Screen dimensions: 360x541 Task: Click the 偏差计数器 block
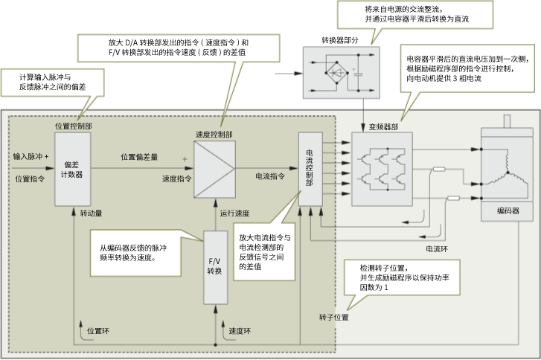(x=73, y=169)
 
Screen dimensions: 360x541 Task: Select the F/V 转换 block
(x=214, y=266)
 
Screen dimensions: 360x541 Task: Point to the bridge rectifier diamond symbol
(x=336, y=74)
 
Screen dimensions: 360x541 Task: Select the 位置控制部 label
(x=74, y=126)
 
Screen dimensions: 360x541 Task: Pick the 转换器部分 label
(x=339, y=39)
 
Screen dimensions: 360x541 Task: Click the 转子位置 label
(x=334, y=317)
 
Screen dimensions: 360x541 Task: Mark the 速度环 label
(x=240, y=330)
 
